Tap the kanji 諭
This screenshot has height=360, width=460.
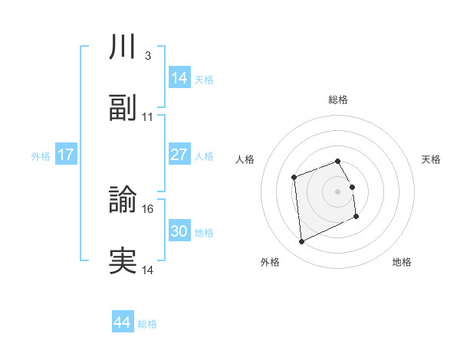point(123,199)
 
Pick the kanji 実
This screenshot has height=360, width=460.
point(123,261)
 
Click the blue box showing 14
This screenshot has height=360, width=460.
point(179,77)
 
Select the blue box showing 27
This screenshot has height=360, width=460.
point(179,155)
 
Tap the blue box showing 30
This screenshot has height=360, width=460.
point(179,231)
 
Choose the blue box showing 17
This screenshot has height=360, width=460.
point(66,155)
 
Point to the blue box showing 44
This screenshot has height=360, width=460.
point(123,322)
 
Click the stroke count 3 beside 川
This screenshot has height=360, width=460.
point(147,55)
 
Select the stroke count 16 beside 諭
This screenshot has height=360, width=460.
point(148,208)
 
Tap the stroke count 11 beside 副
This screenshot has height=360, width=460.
point(148,117)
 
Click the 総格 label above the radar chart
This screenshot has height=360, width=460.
point(338,100)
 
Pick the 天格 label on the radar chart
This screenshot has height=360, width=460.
point(432,159)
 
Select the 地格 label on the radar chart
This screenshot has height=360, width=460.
point(402,262)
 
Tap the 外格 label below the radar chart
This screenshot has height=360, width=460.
point(270,262)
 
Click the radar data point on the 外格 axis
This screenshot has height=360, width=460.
point(301,242)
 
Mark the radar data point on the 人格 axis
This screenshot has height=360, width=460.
point(294,178)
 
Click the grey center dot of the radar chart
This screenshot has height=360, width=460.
point(338,191)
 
